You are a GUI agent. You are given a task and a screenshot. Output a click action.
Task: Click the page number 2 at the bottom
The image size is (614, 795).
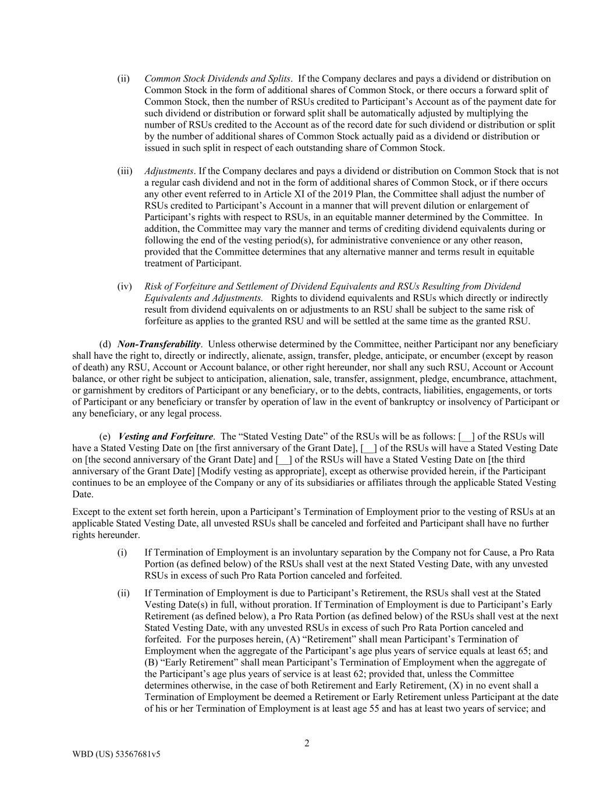307,743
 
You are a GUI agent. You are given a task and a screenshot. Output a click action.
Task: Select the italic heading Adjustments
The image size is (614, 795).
169,171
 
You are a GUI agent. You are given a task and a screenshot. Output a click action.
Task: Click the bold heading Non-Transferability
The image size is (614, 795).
159,344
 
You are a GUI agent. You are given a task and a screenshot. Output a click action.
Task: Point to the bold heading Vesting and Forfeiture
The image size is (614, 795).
165,437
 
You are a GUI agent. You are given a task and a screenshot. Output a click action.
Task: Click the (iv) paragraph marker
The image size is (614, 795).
125,287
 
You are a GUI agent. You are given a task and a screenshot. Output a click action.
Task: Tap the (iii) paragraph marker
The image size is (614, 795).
125,171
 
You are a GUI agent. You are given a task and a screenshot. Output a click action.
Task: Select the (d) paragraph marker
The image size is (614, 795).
105,344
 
